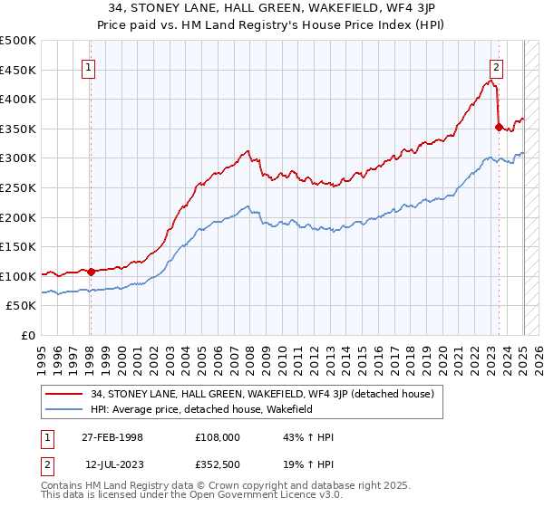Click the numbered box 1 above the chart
tap(90, 66)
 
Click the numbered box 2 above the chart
tap(497, 66)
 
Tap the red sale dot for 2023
tap(499, 128)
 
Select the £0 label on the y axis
tap(28, 335)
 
